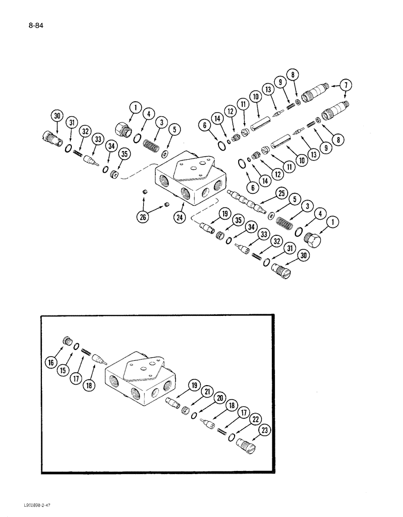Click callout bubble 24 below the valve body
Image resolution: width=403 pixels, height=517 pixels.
click(x=179, y=217)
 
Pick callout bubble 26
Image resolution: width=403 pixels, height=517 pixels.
click(x=143, y=217)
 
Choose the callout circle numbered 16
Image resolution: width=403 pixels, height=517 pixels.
click(x=52, y=363)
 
